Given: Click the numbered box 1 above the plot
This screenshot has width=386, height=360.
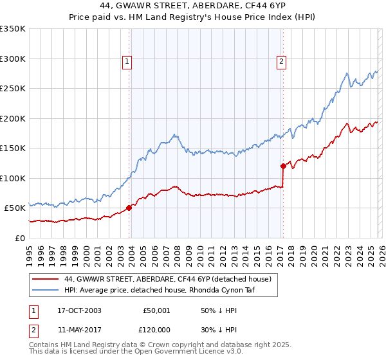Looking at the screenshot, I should pos(127,62).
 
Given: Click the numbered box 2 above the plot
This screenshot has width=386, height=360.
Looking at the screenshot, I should pos(282,62).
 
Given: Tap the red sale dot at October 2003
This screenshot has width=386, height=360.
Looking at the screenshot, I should pos(129,208).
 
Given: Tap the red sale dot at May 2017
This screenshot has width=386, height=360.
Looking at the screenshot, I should pos(283,166).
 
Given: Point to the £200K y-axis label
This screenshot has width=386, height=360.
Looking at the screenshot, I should pos(13,118).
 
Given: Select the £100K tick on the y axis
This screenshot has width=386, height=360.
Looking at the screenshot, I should pos(13,178).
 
